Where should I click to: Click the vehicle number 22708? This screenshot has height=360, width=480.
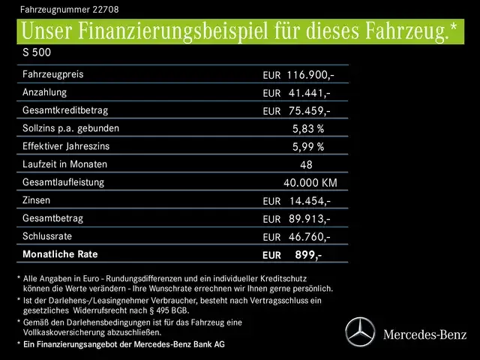click(104, 9)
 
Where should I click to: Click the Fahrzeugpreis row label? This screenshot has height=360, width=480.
click(53, 75)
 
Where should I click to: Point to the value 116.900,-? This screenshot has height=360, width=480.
click(309, 76)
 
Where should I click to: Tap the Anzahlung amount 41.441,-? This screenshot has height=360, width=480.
click(309, 93)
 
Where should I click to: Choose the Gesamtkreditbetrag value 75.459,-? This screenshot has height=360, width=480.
click(309, 111)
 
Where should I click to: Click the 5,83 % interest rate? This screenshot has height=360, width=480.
click(307, 129)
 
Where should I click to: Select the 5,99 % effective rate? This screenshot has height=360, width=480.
click(307, 147)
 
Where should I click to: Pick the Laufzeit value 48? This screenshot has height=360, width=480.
click(306, 165)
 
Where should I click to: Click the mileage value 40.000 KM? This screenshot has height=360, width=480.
click(310, 183)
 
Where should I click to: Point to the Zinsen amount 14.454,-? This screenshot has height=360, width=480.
click(309, 201)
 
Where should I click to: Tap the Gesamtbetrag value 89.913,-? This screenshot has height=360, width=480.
click(309, 219)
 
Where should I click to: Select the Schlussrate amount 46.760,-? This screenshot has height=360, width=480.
click(309, 237)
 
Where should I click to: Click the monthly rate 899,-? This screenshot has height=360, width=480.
click(308, 255)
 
